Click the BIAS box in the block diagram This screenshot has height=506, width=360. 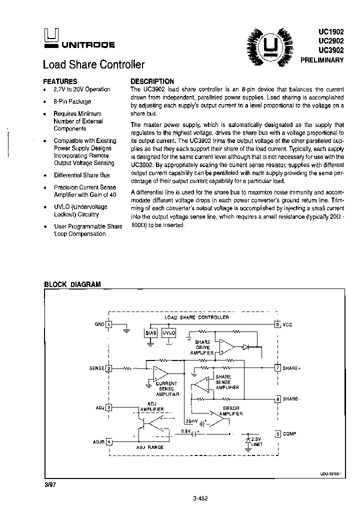(x=150, y=332)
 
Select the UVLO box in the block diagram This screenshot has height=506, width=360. (x=169, y=332)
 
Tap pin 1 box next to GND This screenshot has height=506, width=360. (x=108, y=324)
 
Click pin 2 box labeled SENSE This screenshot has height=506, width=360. (x=108, y=368)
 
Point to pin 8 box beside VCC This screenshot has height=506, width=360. (x=277, y=324)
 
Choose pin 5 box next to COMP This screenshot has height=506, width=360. (x=277, y=434)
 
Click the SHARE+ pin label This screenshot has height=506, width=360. (x=291, y=368)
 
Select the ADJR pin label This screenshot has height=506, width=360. (x=98, y=441)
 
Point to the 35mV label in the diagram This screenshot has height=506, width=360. (x=191, y=421)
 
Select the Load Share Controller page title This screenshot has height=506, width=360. (x=93, y=64)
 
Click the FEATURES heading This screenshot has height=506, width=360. (x=60, y=81)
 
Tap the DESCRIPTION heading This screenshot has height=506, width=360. (x=152, y=81)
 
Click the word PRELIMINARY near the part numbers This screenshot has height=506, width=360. (x=322, y=59)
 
